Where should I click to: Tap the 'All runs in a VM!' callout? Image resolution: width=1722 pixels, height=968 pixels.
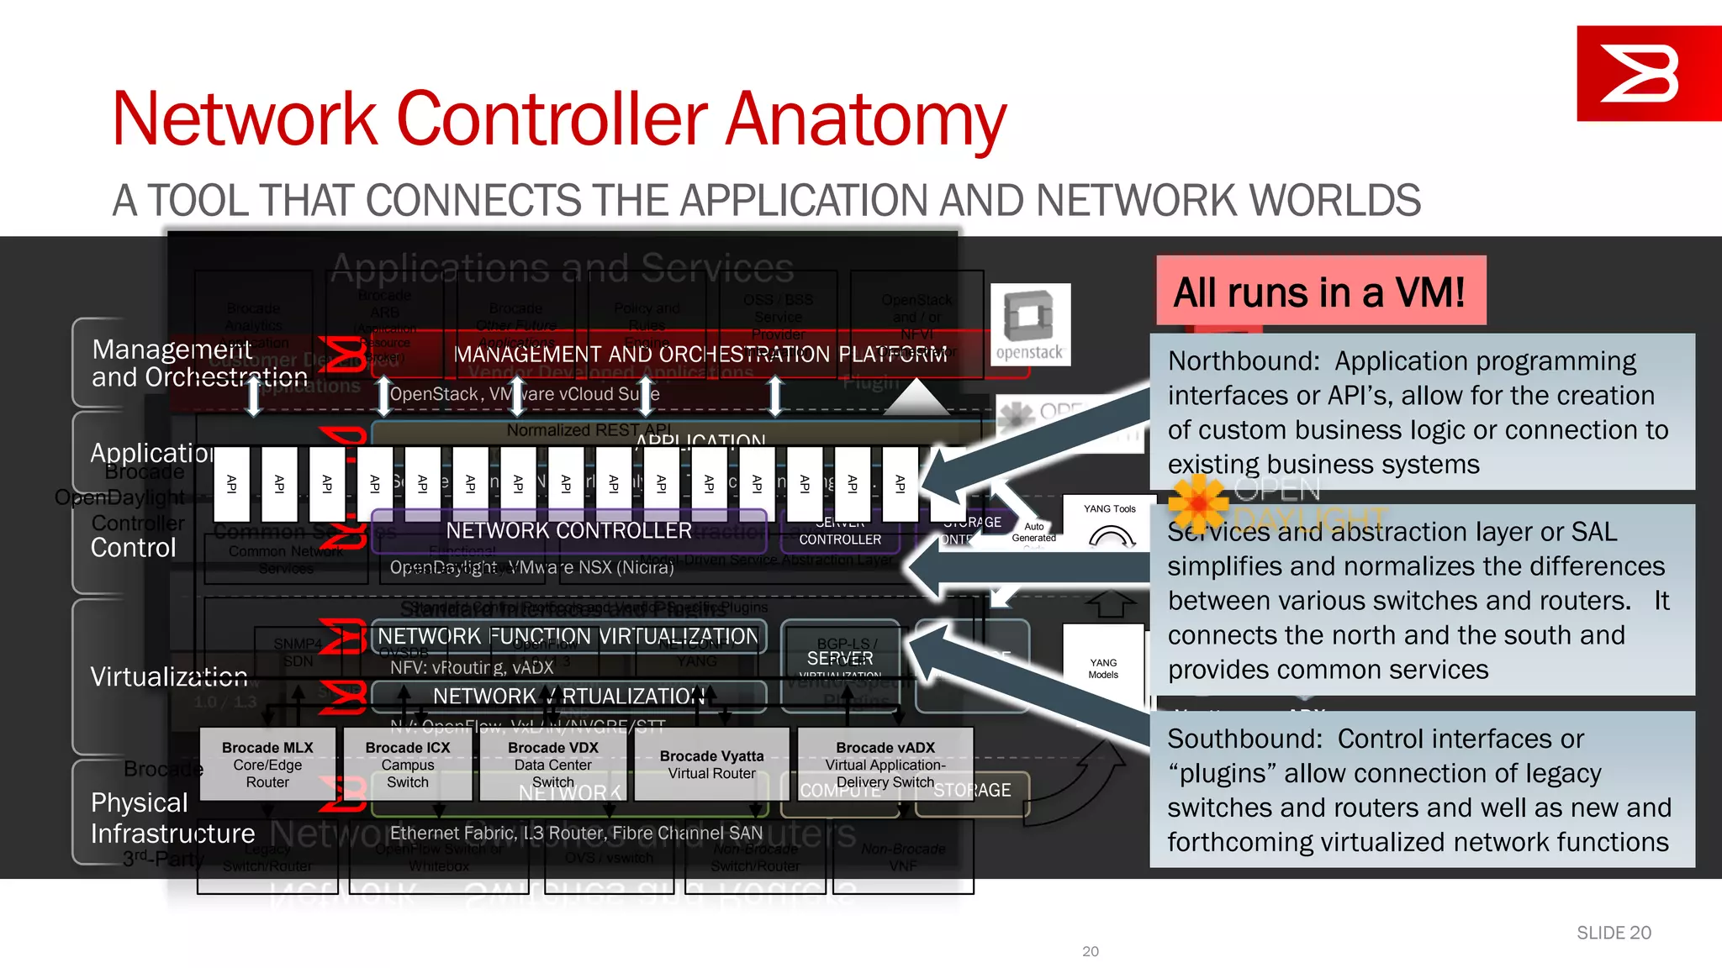pyautogui.click(x=1320, y=292)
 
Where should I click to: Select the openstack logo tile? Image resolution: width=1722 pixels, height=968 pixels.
pyautogui.click(x=1030, y=324)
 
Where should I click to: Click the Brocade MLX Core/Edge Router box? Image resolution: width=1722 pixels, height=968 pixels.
pyautogui.click(x=267, y=764)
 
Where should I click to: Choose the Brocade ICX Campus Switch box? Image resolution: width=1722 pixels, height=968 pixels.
pyautogui.click(x=408, y=764)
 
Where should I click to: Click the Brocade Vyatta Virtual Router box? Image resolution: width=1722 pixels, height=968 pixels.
pyautogui.click(x=711, y=764)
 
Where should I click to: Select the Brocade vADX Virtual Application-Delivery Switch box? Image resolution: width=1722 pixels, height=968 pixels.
pyautogui.click(x=885, y=763)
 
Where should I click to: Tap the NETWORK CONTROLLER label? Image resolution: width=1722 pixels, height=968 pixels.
pyautogui.click(x=568, y=531)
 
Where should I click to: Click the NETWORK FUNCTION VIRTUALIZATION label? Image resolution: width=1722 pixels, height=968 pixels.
pyautogui.click(x=568, y=636)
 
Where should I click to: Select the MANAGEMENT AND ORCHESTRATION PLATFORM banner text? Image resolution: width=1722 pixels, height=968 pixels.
pyautogui.click(x=700, y=355)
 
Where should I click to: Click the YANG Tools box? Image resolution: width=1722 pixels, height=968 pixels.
pyautogui.click(x=1109, y=523)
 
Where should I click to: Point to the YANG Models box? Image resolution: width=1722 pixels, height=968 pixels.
pyautogui.click(x=1103, y=666)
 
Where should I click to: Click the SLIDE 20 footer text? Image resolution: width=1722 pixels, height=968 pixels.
pyautogui.click(x=1613, y=933)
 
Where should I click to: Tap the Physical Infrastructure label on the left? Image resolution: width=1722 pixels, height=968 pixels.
pyautogui.click(x=172, y=818)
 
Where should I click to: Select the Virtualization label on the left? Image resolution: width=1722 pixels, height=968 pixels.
pyautogui.click(x=169, y=676)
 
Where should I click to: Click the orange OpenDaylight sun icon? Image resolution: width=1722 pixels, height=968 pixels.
pyautogui.click(x=1197, y=503)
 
